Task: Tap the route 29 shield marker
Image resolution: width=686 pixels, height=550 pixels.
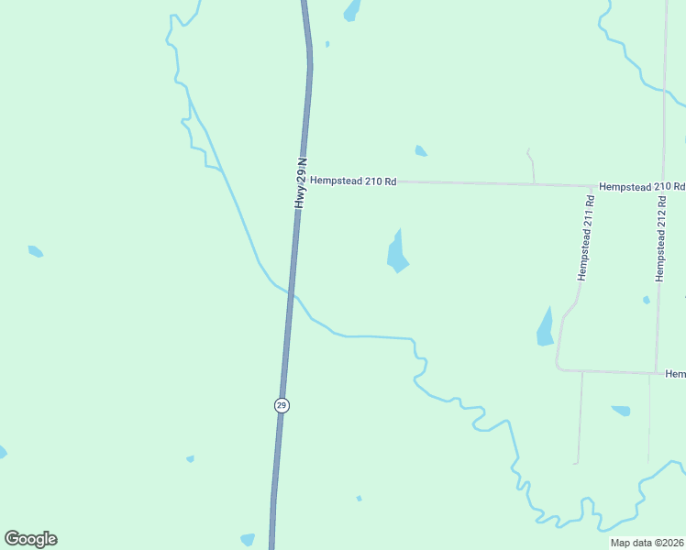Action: pyautogui.click(x=282, y=405)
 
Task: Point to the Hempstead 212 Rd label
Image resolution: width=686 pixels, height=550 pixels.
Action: pyautogui.click(x=659, y=243)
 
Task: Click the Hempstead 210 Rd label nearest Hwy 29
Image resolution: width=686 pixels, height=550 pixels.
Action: pyautogui.click(x=353, y=181)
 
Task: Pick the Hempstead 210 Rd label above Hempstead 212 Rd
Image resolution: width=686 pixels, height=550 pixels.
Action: pyautogui.click(x=641, y=186)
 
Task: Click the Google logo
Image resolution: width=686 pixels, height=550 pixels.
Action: pyautogui.click(x=31, y=539)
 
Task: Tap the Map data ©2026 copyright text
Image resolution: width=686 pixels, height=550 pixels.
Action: pyautogui.click(x=647, y=543)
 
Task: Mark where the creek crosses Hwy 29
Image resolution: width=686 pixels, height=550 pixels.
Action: pyautogui.click(x=291, y=294)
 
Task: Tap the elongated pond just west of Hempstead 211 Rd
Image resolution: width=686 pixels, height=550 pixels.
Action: pyautogui.click(x=545, y=327)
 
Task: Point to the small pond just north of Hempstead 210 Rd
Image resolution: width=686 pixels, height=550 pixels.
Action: pyautogui.click(x=420, y=151)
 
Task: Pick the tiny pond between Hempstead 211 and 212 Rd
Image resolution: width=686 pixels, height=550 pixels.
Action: pyautogui.click(x=647, y=300)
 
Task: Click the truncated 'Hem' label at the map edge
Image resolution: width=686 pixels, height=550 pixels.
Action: pyautogui.click(x=675, y=374)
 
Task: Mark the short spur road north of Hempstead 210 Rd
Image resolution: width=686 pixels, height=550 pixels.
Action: pyautogui.click(x=531, y=165)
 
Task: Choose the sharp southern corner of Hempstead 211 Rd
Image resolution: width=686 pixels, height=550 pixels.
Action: pyautogui.click(x=559, y=368)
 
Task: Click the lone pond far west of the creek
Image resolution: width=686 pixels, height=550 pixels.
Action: pyautogui.click(x=35, y=251)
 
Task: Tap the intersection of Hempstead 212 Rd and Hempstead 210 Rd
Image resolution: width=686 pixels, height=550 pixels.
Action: pyautogui.click(x=662, y=187)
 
